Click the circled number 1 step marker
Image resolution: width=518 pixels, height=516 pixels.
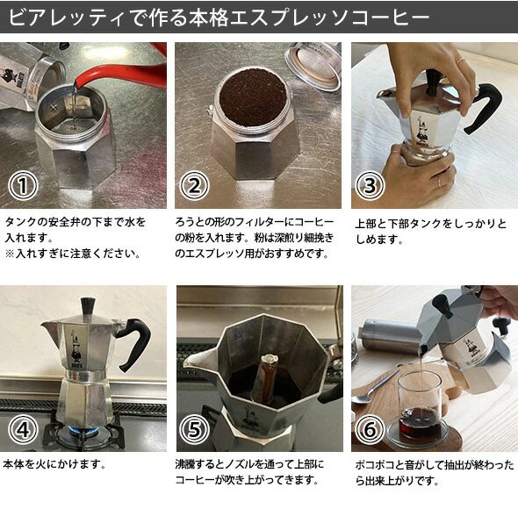(23, 185)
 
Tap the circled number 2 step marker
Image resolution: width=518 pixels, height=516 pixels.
(194, 185)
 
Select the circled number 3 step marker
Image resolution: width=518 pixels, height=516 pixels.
(370, 185)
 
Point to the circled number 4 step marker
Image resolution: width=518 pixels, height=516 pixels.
(23, 429)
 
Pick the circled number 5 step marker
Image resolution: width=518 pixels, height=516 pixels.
(194, 429)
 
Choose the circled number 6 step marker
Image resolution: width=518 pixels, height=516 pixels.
(370, 429)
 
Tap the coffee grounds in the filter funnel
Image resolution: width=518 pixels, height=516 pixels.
(253, 97)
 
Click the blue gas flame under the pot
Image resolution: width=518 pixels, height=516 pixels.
(83, 431)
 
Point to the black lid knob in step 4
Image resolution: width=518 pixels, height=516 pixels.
(88, 305)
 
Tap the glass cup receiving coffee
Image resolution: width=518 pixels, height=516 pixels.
(421, 408)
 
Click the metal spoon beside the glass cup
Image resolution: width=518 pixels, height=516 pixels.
(375, 388)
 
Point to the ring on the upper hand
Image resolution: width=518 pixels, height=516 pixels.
(460, 61)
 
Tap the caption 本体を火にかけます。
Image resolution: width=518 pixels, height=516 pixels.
(54, 464)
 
